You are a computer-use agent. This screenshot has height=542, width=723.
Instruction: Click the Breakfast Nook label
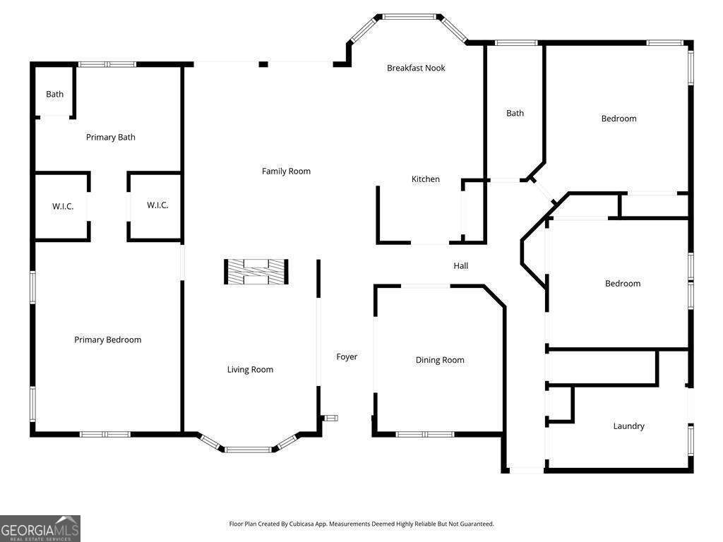tap(416, 68)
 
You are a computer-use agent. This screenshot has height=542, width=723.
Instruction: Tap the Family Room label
tap(286, 171)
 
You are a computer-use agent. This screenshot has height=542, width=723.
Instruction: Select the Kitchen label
tap(426, 179)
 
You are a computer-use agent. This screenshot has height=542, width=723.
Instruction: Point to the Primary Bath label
tap(111, 137)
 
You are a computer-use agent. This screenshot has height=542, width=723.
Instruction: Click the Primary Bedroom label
tap(108, 339)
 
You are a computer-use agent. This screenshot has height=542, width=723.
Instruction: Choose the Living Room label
tap(250, 369)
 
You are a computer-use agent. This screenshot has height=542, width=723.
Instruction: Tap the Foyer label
tap(347, 356)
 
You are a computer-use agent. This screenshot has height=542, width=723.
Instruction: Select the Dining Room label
tap(440, 360)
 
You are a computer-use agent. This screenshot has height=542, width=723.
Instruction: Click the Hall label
tap(461, 265)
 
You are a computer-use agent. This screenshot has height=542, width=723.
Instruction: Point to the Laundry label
tap(628, 426)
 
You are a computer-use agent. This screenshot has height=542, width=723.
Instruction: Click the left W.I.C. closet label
tap(63, 206)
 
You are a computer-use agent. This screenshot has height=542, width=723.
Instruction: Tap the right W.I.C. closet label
tap(157, 205)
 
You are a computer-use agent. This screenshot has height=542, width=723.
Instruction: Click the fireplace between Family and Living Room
tap(256, 272)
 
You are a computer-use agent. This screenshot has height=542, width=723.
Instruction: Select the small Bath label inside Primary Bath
tap(55, 94)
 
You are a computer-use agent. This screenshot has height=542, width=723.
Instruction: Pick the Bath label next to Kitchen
tap(515, 113)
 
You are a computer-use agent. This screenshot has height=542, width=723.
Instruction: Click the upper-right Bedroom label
tap(619, 119)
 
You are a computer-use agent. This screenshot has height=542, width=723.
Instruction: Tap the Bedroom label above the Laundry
tap(623, 283)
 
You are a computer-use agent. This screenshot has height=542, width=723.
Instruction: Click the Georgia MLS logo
tap(40, 528)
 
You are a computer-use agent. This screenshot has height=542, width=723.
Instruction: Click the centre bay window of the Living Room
tap(248, 449)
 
